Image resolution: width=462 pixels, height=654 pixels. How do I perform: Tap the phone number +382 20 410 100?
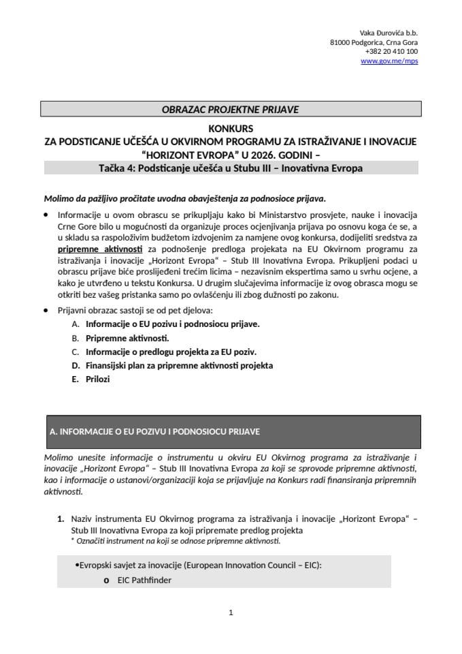coord(391,52)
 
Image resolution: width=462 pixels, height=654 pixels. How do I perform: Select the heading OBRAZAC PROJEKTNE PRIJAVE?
coord(231,109)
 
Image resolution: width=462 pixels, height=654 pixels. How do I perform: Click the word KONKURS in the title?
coord(231,128)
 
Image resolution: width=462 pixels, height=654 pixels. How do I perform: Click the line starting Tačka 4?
coord(231,167)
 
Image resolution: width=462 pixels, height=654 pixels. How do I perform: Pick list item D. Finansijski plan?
coord(179,365)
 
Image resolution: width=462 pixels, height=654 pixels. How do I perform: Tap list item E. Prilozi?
coord(97,379)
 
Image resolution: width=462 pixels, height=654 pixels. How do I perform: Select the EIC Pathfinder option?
coord(144,580)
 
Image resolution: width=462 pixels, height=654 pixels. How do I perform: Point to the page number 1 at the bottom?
coord(231,612)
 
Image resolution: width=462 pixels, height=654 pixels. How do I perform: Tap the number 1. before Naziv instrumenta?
coord(61,520)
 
